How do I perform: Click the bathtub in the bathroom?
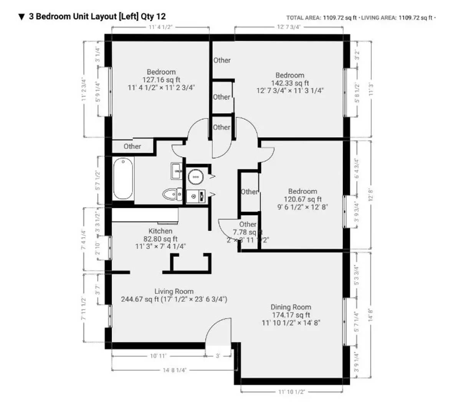(x=123, y=179)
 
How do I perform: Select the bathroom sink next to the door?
(x=177, y=171)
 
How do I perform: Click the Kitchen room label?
(x=160, y=231)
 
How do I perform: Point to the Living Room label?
(x=174, y=291)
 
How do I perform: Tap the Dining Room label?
(x=291, y=307)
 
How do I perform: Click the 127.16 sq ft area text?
(x=161, y=80)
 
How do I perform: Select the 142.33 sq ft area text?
(x=290, y=83)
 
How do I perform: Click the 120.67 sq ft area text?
(x=303, y=199)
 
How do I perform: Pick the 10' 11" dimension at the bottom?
(x=158, y=356)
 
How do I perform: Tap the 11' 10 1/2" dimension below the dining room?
(x=291, y=392)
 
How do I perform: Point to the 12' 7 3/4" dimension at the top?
(x=289, y=27)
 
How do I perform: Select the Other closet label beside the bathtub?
(x=132, y=146)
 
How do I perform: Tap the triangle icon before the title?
(x=22, y=17)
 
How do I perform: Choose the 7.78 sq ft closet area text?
(x=248, y=232)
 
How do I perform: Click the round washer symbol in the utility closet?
(x=196, y=177)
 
